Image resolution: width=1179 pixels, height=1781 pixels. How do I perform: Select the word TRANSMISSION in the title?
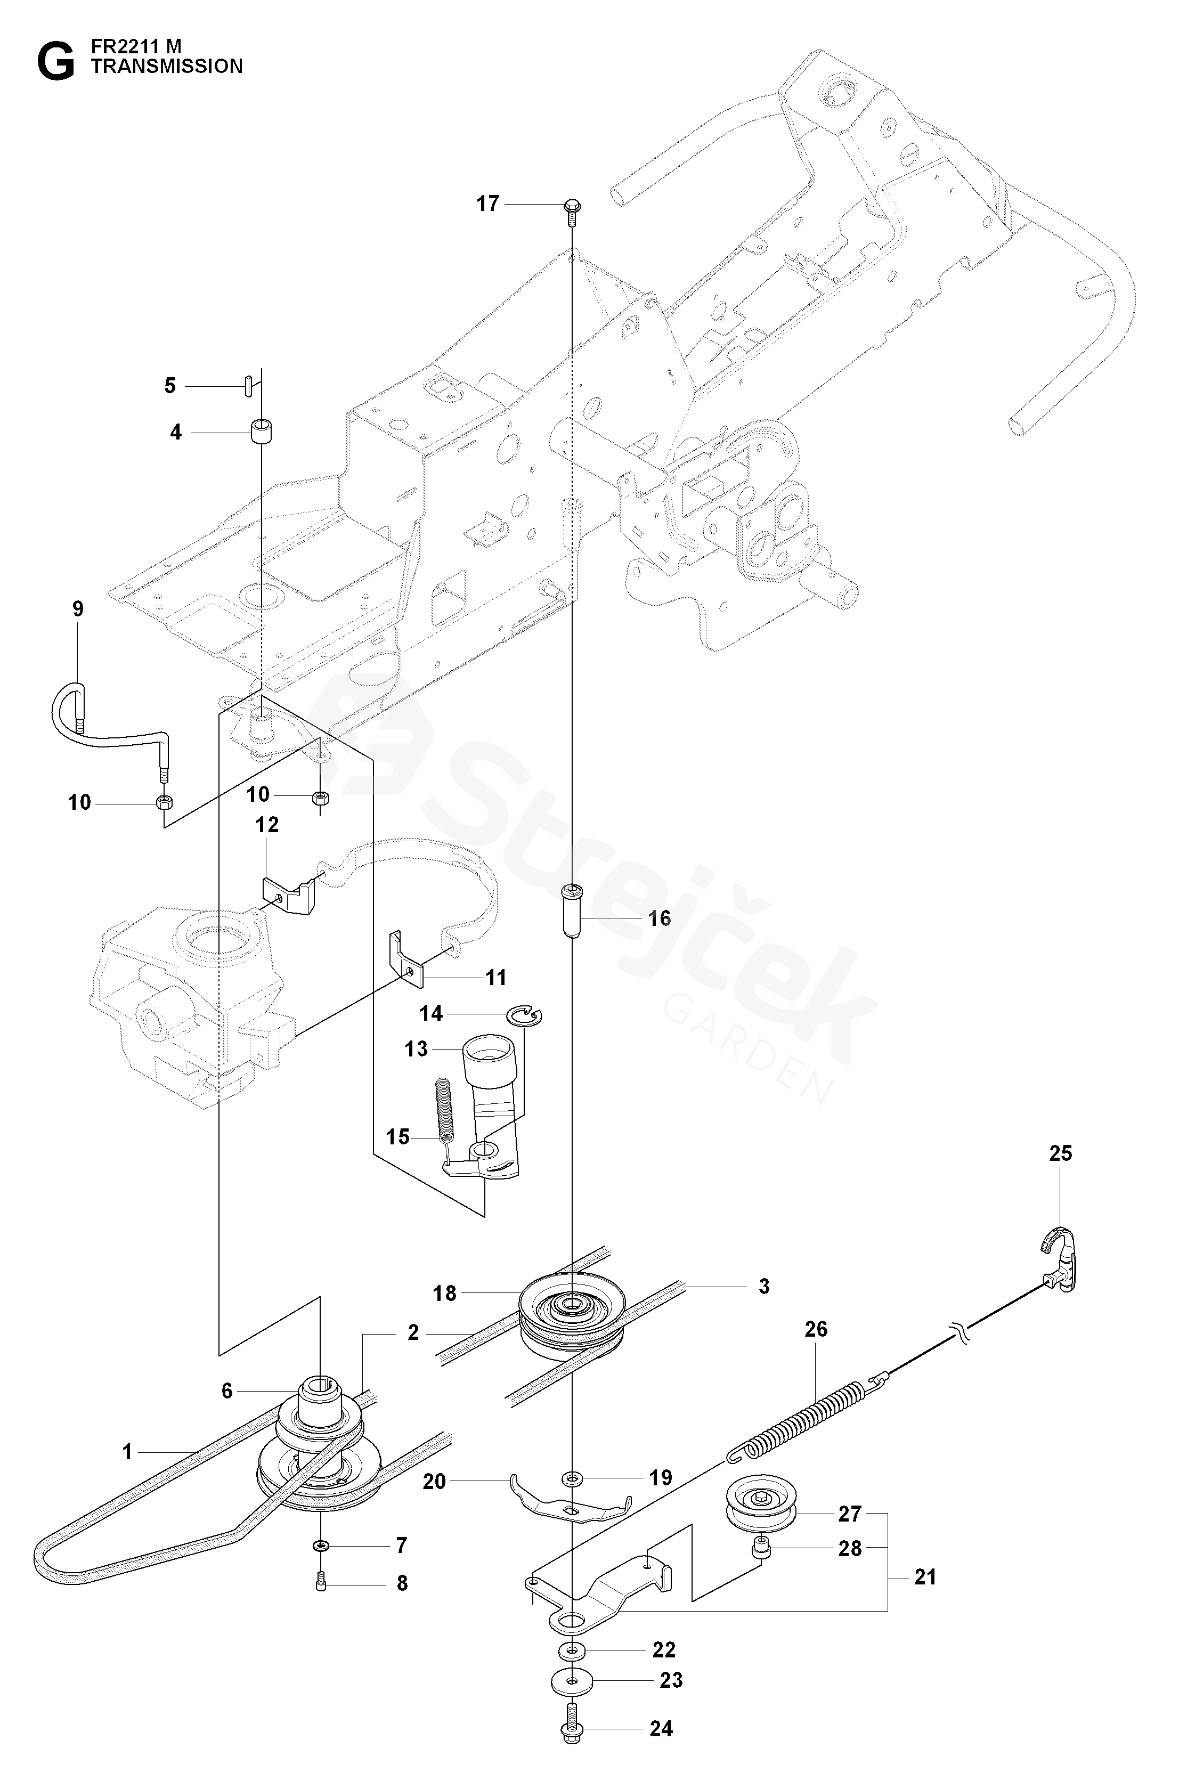(x=167, y=66)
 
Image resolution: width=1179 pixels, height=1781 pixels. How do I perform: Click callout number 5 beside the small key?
(x=170, y=386)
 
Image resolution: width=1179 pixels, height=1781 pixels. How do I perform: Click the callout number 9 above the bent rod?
(x=78, y=609)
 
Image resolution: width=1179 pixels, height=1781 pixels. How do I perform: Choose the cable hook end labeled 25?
(x=1060, y=1264)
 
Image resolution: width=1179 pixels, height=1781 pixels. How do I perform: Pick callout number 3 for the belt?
(x=764, y=1286)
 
